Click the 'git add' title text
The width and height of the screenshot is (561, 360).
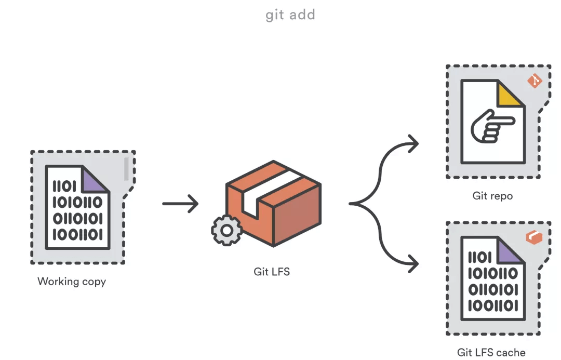(x=290, y=15)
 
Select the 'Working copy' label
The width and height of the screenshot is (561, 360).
(x=72, y=282)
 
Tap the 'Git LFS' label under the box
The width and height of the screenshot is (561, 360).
(x=272, y=271)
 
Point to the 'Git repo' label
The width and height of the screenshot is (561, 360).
(x=492, y=196)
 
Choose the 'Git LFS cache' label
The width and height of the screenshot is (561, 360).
(x=491, y=352)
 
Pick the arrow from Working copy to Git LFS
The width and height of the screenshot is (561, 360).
(x=180, y=203)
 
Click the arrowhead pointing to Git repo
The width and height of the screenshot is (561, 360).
(x=413, y=144)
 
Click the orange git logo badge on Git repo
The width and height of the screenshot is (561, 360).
(x=535, y=81)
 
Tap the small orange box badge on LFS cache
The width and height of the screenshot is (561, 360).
(x=534, y=237)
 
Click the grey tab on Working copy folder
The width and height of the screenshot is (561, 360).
(x=126, y=169)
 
